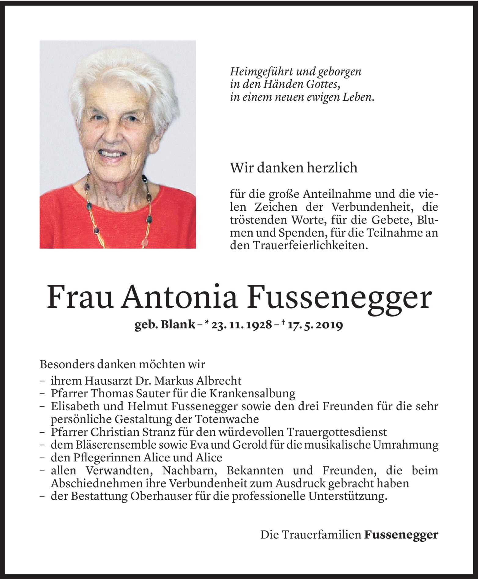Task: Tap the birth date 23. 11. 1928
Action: pos(241,325)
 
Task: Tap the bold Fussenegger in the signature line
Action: pos(401,535)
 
